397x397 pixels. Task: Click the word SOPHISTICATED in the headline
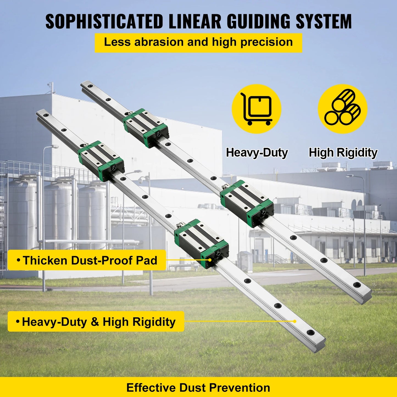tap(104, 21)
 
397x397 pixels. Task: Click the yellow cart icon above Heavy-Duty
tap(256, 109)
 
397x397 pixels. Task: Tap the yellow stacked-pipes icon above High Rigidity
tap(342, 109)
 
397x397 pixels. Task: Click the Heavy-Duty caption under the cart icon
tap(257, 153)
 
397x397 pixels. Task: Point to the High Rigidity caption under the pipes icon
tap(343, 153)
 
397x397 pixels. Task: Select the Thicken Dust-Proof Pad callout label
tap(87, 260)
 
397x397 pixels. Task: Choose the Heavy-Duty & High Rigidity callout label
tap(96, 321)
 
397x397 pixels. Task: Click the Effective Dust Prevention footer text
tap(198, 388)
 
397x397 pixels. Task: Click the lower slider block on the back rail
tap(247, 203)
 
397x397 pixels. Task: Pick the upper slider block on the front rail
tap(101, 161)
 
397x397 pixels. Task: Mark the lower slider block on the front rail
tap(201, 243)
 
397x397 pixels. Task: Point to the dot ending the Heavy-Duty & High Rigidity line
tap(295, 321)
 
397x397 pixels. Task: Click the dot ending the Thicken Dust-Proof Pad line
tap(210, 260)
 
